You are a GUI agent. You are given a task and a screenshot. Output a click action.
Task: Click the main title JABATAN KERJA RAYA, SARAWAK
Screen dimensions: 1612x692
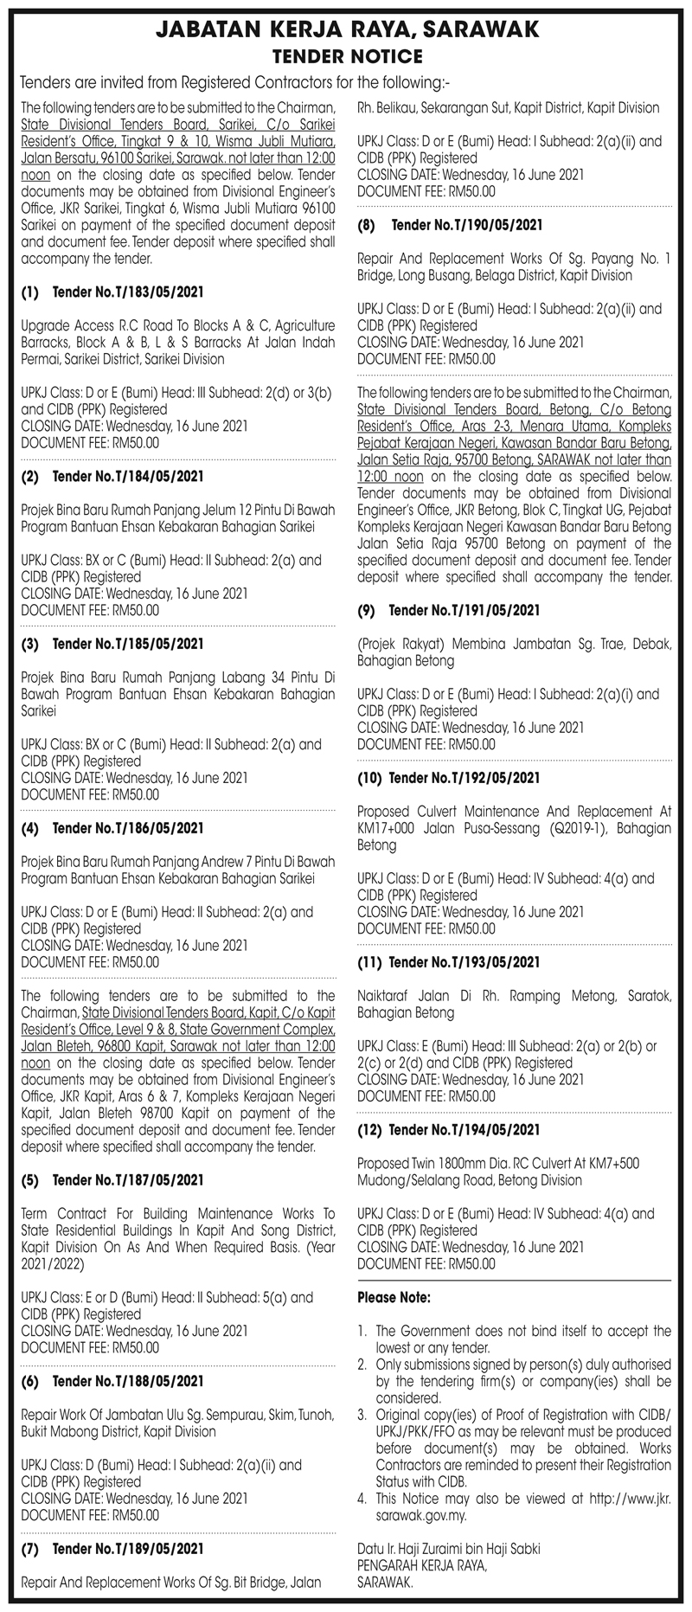346,31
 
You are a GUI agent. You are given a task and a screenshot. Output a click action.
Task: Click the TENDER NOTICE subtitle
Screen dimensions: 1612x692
346,57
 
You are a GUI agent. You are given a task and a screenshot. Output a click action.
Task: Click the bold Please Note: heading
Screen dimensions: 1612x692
394,1298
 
